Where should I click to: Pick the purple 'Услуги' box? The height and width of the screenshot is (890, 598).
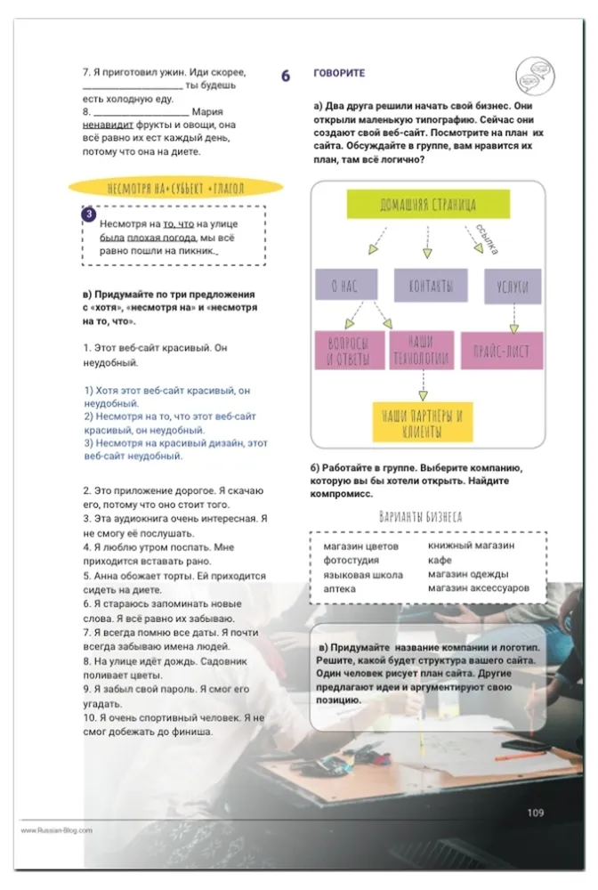point(513,285)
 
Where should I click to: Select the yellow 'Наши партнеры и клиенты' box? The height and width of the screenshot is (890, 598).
point(423,422)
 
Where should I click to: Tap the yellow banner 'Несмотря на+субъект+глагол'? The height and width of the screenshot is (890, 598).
point(175,188)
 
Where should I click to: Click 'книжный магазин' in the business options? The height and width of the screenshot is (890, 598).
point(471,545)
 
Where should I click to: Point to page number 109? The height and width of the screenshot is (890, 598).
point(535,812)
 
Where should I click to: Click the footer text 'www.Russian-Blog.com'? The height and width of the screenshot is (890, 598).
point(57,830)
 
